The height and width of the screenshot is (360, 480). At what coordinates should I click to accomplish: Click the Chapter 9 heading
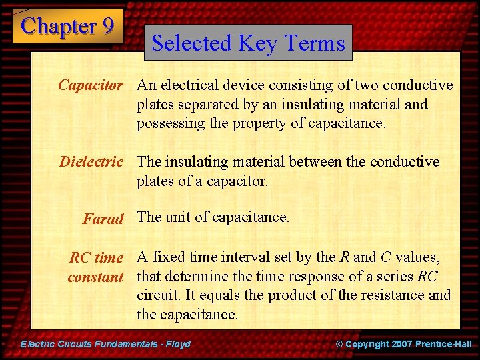67,26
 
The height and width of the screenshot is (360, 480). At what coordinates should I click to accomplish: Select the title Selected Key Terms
248,43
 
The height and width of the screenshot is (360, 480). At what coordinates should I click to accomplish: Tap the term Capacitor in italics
91,85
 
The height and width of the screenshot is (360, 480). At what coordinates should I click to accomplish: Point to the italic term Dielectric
91,162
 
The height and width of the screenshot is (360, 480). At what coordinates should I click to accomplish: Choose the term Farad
103,219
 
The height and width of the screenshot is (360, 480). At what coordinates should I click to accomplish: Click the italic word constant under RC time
95,277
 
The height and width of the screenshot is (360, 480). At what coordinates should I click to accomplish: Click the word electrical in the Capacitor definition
190,85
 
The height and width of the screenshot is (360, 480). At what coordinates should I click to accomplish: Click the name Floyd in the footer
177,344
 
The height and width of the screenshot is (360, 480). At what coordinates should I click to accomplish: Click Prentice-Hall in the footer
443,344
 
